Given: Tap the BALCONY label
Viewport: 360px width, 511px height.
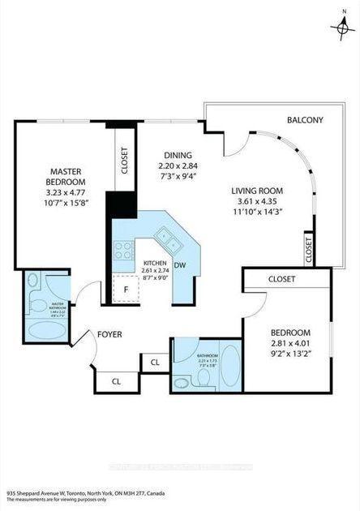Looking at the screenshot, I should [305, 120].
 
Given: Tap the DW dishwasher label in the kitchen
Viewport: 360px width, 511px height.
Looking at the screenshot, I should [182, 264].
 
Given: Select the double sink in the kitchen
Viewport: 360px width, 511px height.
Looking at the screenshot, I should [169, 237].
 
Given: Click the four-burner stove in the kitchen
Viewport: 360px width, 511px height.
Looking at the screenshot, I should [123, 251].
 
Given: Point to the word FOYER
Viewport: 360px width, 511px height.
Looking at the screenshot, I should [109, 333].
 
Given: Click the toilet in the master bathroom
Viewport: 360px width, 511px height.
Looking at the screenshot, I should [33, 281].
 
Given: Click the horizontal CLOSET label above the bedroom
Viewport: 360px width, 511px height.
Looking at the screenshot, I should [281, 279].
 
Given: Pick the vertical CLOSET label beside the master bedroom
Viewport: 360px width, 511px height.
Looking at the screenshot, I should [124, 160].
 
